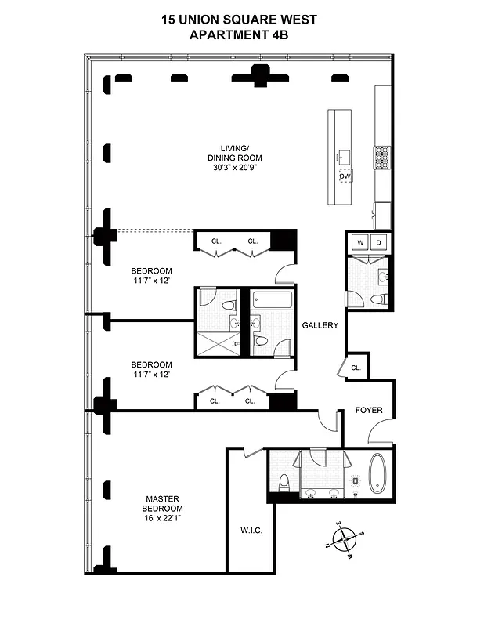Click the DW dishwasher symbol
point(345,176)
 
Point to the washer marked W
point(359,242)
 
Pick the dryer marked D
point(378,242)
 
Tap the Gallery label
point(320,326)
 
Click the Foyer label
point(368,410)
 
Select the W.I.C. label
point(251,531)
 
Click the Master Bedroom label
point(162,503)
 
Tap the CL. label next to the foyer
point(356,367)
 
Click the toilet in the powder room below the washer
point(377,298)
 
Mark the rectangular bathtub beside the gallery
point(272,300)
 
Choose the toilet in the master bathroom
point(285,480)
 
